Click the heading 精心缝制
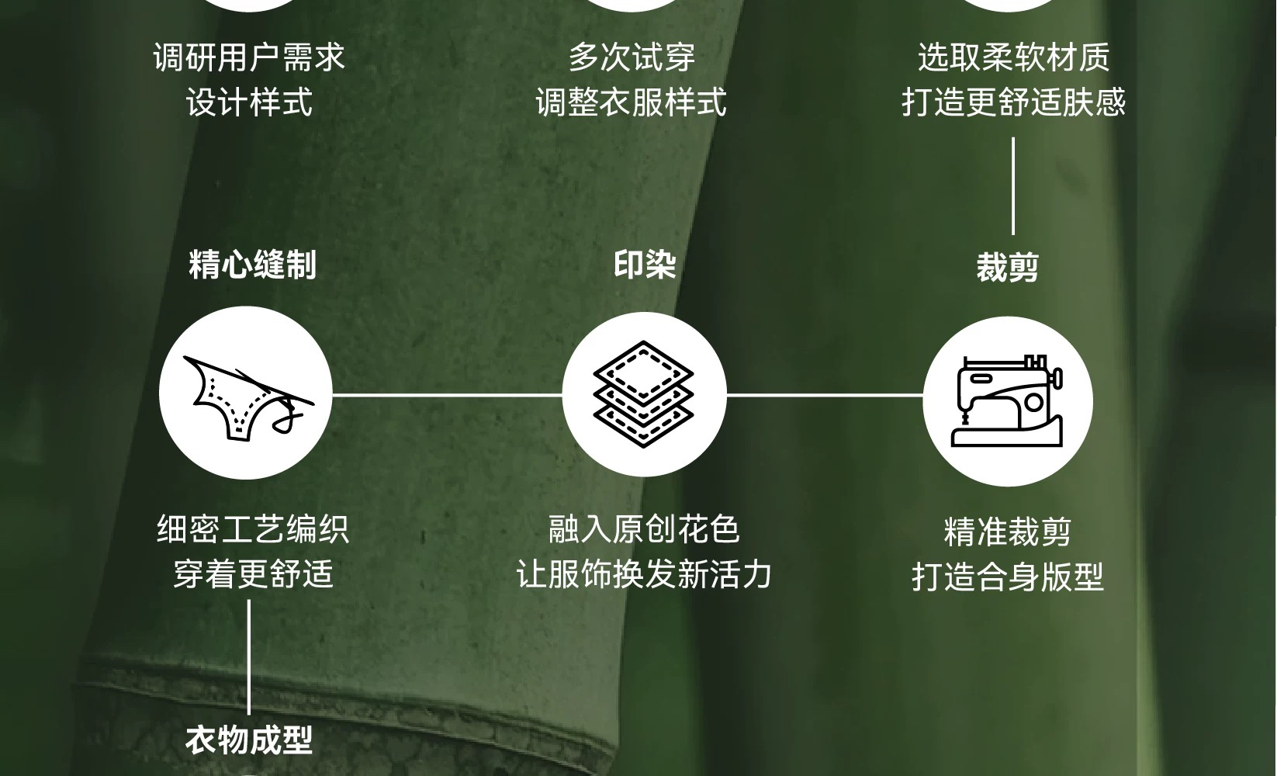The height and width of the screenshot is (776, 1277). (x=253, y=264)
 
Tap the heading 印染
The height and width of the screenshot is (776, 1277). (x=645, y=264)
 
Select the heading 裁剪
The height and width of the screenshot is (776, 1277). (x=1007, y=268)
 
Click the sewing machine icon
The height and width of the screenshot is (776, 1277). (x=1007, y=401)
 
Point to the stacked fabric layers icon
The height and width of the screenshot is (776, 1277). (x=643, y=393)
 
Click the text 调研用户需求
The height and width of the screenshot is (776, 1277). (x=249, y=58)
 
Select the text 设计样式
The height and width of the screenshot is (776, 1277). (x=249, y=102)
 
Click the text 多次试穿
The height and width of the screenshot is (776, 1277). (x=632, y=58)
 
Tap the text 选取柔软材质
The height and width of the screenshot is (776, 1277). (x=1013, y=58)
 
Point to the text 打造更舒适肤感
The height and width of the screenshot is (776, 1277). (x=1013, y=102)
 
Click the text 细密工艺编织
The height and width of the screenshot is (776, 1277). (x=253, y=530)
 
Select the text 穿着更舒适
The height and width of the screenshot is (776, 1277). (x=253, y=574)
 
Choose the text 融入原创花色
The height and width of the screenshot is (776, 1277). (x=644, y=530)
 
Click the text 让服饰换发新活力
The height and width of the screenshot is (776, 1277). (x=644, y=574)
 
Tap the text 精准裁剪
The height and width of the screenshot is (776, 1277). (x=1007, y=532)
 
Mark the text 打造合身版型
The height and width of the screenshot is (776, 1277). (x=1007, y=577)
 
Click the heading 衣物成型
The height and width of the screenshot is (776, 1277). (x=249, y=740)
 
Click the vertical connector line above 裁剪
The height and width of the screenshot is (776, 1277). (x=1012, y=186)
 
